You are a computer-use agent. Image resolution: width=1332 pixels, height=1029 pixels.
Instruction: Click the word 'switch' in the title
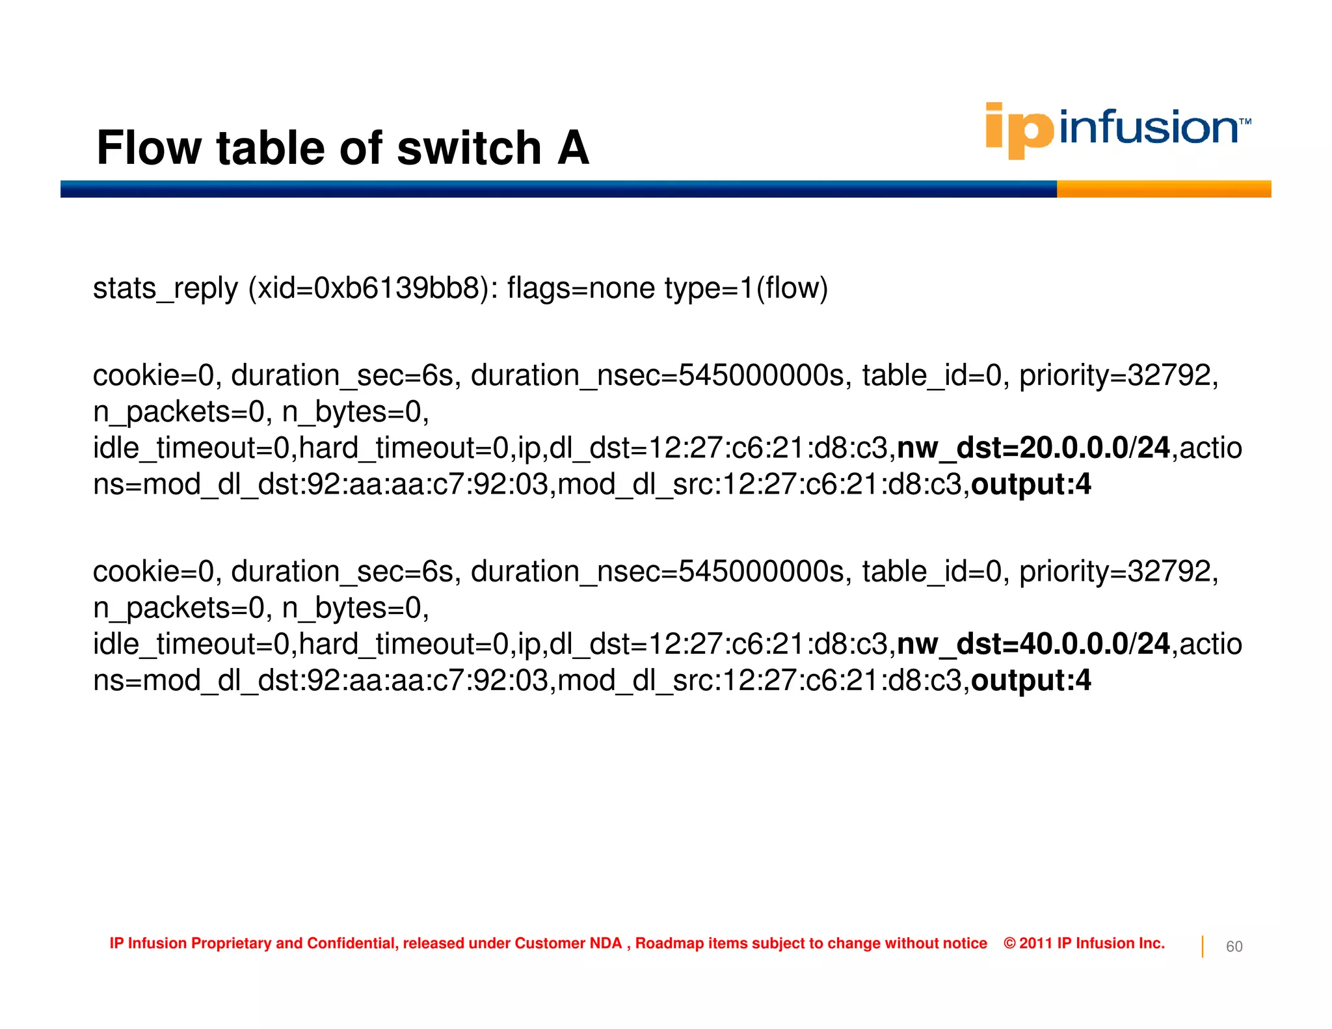point(469,148)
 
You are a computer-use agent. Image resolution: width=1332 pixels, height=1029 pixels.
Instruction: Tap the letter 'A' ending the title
point(573,148)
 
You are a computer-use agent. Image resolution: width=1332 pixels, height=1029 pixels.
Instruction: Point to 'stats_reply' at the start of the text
point(165,288)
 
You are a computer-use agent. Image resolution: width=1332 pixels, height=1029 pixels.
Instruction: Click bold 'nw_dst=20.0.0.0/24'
point(1033,448)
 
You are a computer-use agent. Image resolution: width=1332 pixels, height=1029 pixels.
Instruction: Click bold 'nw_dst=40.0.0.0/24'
point(1033,644)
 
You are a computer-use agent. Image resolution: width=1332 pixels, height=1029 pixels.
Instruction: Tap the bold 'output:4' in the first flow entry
point(1031,485)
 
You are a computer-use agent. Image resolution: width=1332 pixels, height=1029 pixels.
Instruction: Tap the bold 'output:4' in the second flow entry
point(1031,680)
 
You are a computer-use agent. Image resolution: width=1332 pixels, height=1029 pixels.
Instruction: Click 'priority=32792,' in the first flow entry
point(1119,376)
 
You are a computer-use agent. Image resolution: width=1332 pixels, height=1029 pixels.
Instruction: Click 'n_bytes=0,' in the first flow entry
point(355,412)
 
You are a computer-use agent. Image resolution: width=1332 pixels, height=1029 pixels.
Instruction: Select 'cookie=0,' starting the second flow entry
point(157,572)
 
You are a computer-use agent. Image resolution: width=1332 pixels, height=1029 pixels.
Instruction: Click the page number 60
point(1234,946)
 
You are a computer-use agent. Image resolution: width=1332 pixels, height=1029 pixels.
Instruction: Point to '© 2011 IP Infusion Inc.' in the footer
point(1084,943)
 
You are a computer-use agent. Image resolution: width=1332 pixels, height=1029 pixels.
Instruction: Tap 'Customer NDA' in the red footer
point(568,943)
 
